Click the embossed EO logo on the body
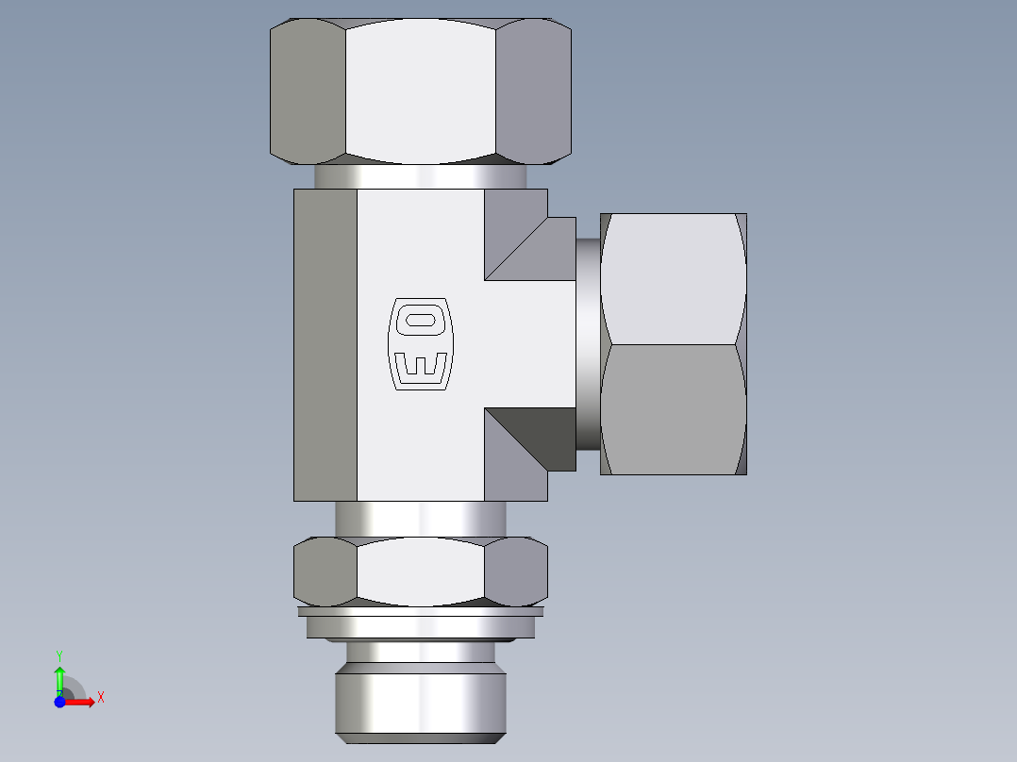click(x=420, y=344)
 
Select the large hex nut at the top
click(x=420, y=91)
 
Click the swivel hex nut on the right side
click(x=674, y=343)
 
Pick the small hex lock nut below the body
click(x=420, y=571)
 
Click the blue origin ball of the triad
click(x=59, y=702)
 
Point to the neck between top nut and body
click(x=420, y=176)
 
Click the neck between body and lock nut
click(x=420, y=519)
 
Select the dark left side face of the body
click(x=325, y=344)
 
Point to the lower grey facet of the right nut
click(x=672, y=410)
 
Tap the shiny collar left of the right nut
click(x=588, y=343)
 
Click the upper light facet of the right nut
click(x=672, y=278)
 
